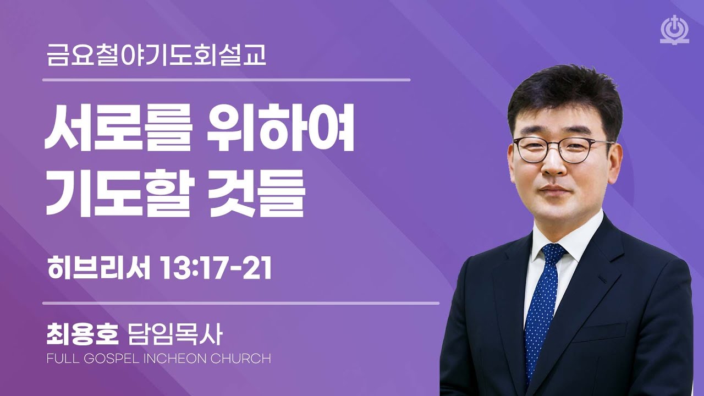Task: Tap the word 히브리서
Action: (99, 269)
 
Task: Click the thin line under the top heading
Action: (227, 80)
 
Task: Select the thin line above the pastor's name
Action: (241, 303)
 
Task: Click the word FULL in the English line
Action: (63, 359)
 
